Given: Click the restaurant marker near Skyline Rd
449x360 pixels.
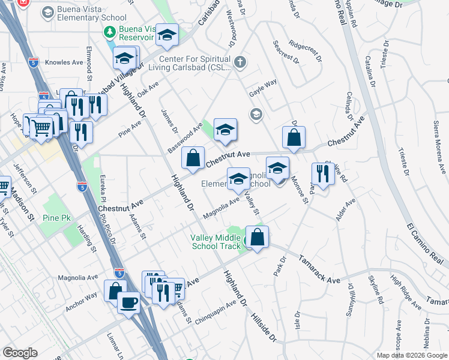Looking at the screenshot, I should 323,174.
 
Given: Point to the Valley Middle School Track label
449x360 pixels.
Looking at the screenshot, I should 214,242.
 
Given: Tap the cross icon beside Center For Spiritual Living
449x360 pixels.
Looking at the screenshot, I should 240,61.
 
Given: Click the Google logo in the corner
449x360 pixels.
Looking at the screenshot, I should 20,353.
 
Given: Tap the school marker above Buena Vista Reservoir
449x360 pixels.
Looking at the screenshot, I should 167,35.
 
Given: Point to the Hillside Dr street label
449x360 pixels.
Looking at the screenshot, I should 264,327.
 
